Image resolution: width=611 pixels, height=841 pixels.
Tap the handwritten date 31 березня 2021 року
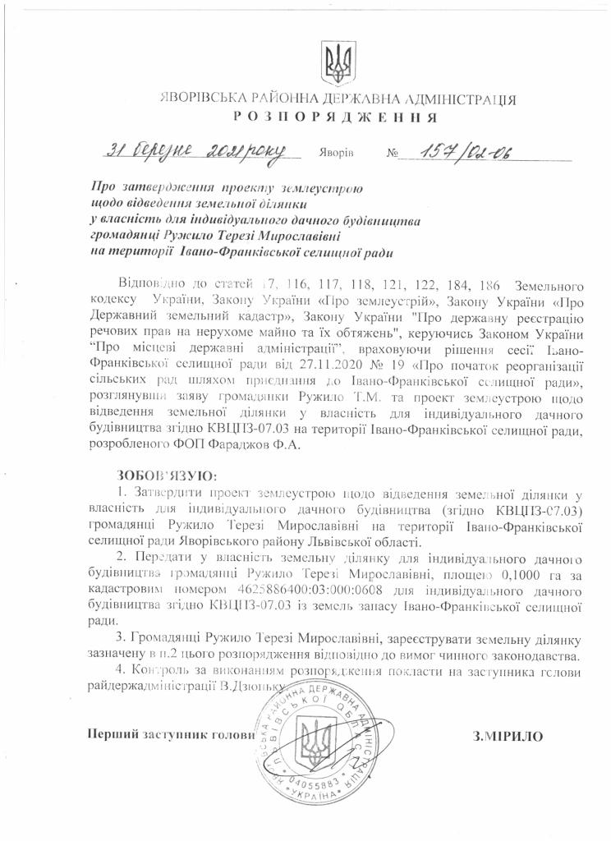coord(195,151)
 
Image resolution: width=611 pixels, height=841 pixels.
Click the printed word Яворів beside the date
coord(338,154)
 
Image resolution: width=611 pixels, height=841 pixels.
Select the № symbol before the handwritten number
coord(391,154)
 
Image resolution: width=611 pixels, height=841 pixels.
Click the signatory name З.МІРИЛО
coord(508,735)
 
